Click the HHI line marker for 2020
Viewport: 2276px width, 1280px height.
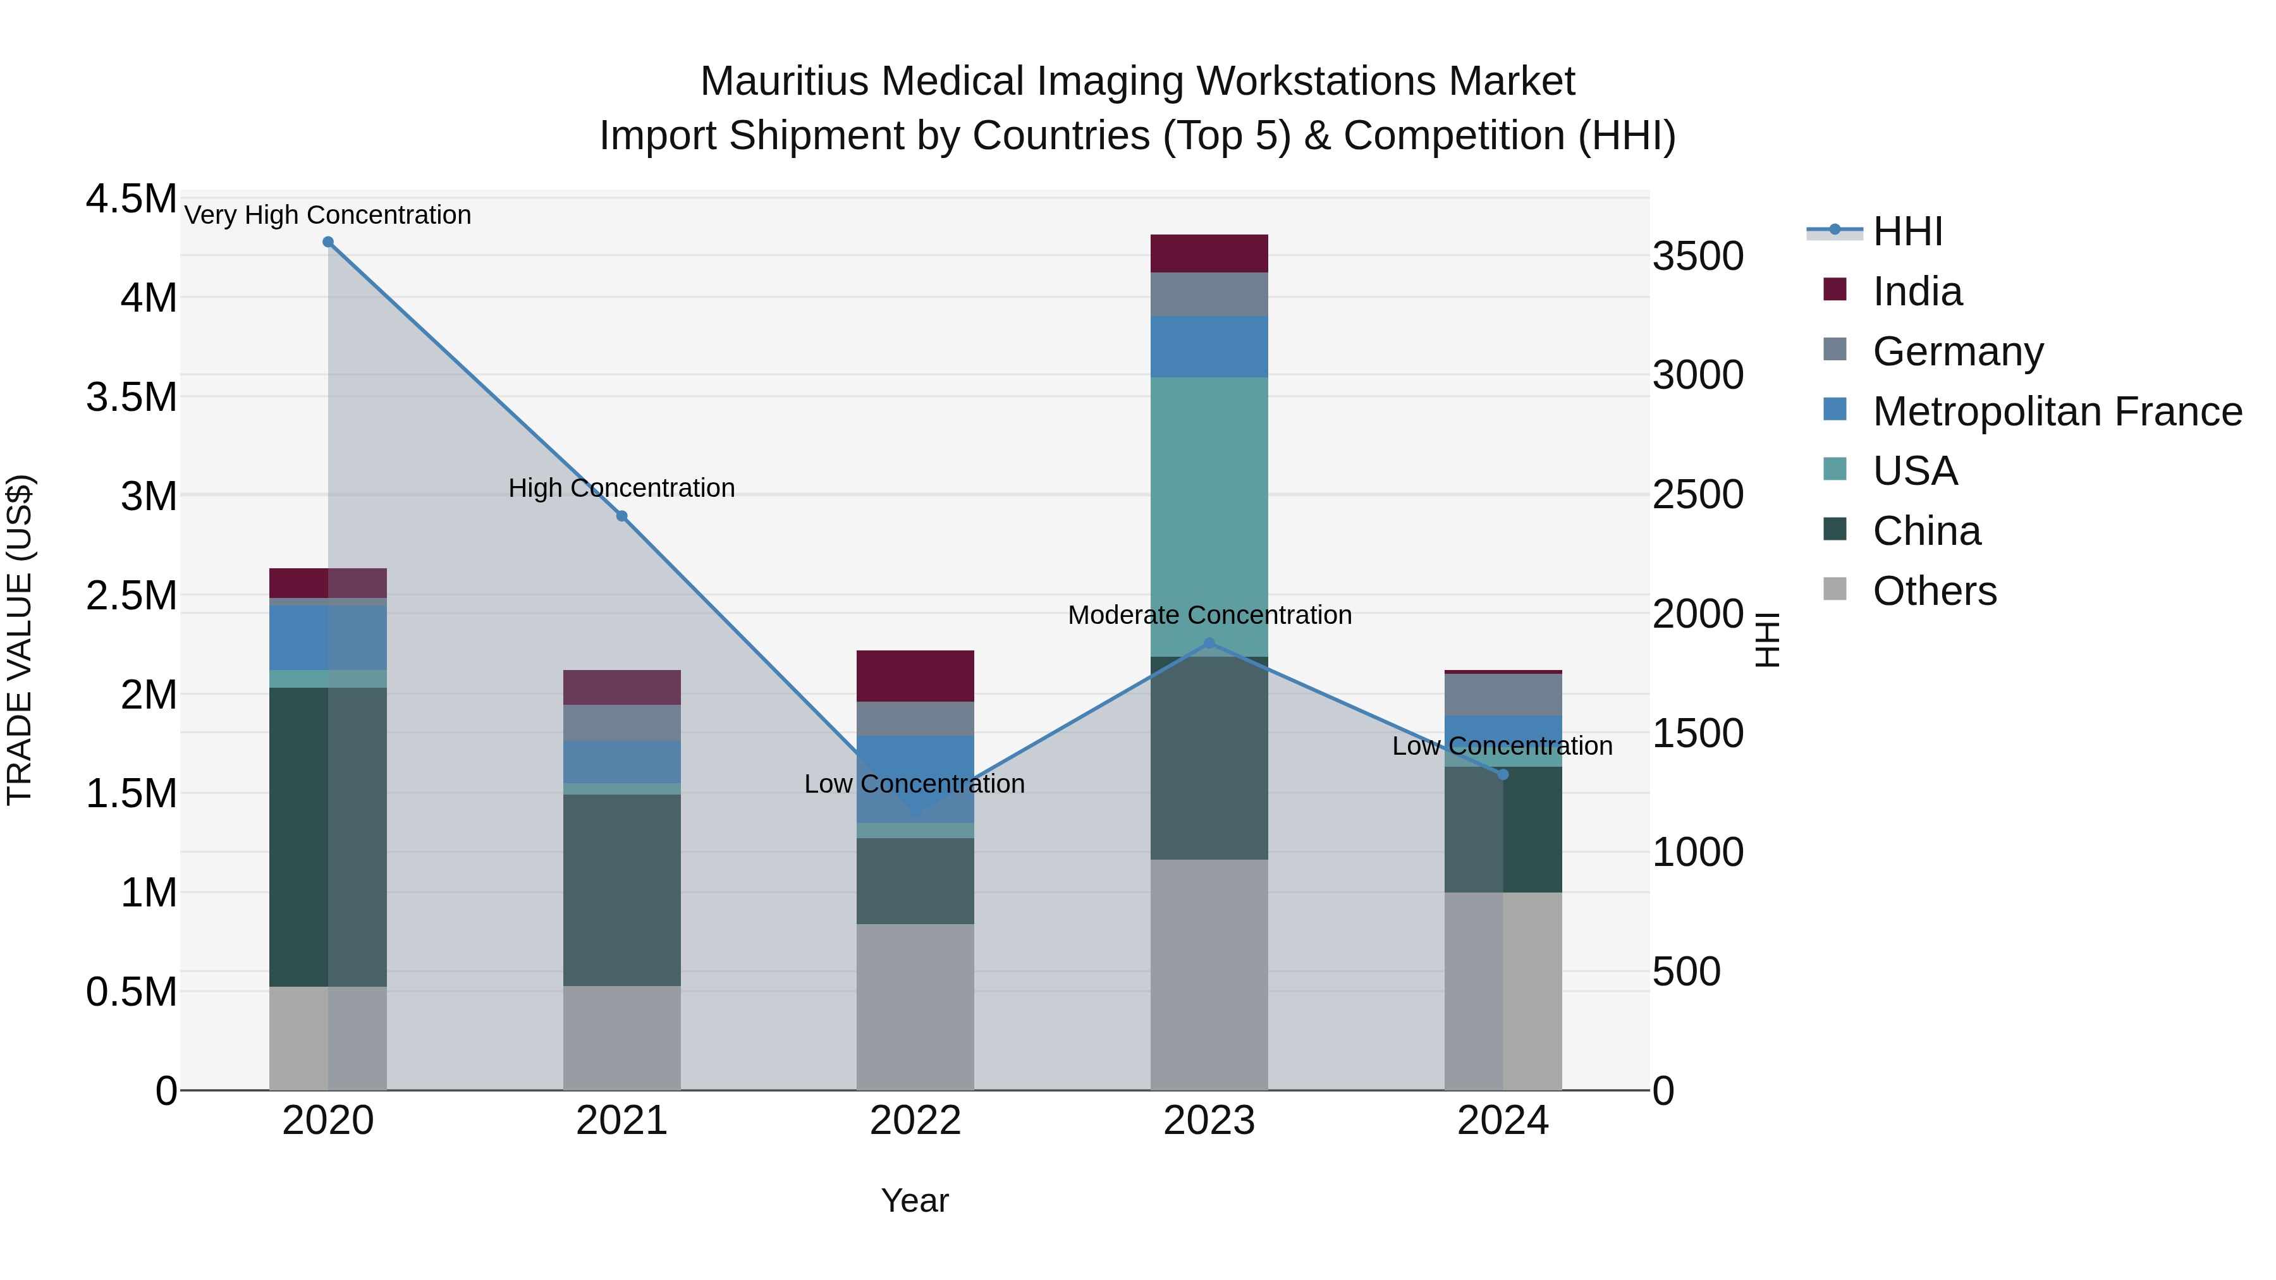click(327, 242)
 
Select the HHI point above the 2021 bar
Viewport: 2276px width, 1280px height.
click(621, 516)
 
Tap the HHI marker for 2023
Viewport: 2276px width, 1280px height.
click(1209, 643)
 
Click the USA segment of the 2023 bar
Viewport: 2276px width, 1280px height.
click(1209, 517)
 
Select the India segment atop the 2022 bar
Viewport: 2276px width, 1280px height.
click(915, 676)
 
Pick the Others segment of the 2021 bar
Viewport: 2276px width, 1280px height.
click(621, 1038)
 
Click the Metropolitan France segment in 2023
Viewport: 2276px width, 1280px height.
click(1209, 346)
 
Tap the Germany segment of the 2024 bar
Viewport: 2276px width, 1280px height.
click(1503, 694)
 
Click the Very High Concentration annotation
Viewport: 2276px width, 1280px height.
click(327, 215)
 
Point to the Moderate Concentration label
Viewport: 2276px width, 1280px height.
click(1209, 615)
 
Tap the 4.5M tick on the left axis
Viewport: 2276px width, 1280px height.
click(131, 198)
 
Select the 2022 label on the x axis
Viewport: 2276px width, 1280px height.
click(915, 1121)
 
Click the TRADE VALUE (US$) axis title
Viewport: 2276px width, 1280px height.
click(20, 640)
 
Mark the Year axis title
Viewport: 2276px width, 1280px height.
click(914, 1200)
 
